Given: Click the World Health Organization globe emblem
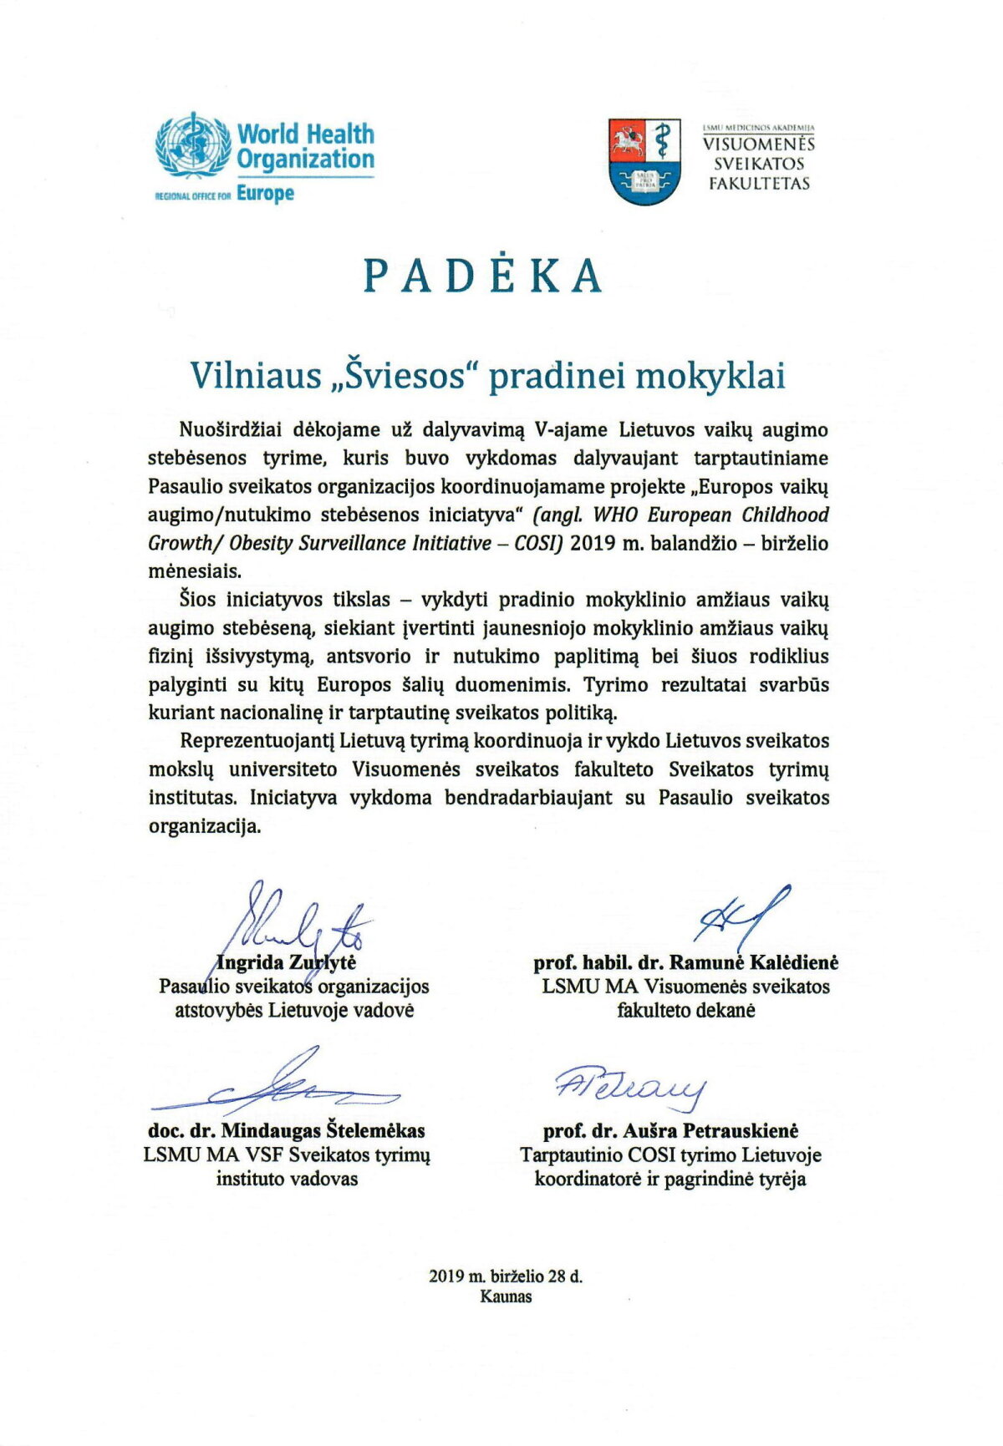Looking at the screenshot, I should tap(191, 147).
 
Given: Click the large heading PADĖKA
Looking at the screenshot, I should tap(483, 276).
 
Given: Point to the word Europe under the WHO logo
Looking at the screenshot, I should tap(265, 194).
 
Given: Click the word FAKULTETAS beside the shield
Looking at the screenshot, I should tap(759, 184).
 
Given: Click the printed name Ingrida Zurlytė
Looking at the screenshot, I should tap(287, 962).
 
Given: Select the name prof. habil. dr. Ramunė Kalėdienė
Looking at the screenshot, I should tap(685, 962).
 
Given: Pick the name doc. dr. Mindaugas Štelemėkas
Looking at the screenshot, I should tap(287, 1131).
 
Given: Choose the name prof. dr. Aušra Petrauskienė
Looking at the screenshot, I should tap(670, 1131).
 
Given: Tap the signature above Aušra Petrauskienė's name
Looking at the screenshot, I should tap(630, 1086).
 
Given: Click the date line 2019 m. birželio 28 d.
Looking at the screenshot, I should tap(506, 1276).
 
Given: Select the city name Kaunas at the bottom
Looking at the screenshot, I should tap(506, 1296).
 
